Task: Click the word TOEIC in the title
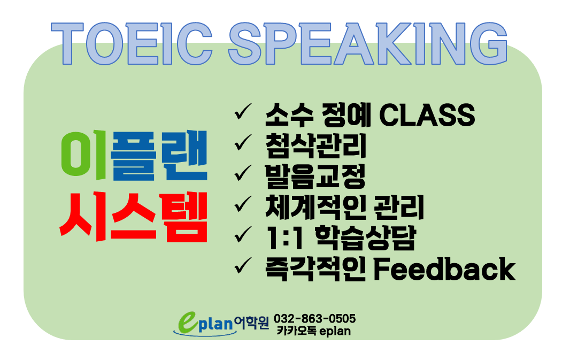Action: click(132, 44)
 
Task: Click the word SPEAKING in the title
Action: click(368, 44)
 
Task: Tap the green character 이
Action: click(84, 155)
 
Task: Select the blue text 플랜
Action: click(159, 155)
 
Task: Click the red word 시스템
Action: click(134, 217)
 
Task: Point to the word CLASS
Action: click(427, 115)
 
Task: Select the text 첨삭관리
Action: click(315, 146)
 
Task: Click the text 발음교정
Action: click(315, 177)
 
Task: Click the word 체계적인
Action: click(315, 208)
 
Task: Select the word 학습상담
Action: click(365, 239)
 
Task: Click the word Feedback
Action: click(444, 270)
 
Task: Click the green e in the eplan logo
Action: click(188, 323)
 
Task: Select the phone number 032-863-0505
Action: click(314, 319)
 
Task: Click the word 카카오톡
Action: click(296, 331)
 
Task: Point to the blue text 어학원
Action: click(251, 322)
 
